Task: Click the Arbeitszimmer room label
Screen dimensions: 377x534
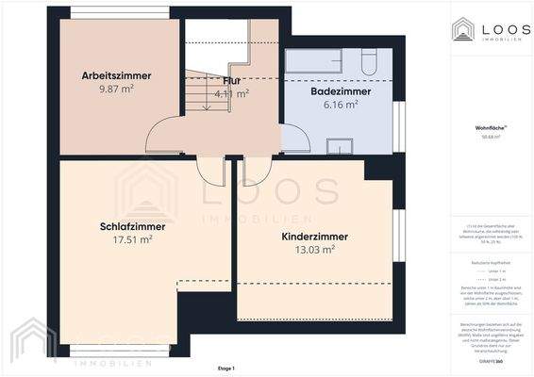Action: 117,75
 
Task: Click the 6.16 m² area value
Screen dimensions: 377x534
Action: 341,106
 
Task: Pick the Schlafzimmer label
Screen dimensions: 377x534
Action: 132,226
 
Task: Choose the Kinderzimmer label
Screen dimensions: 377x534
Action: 314,237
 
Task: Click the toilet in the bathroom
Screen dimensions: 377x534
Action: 370,61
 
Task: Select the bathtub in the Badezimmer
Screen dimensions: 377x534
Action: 321,62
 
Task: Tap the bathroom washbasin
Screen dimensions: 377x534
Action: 338,144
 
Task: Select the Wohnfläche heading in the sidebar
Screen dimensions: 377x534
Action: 489,126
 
